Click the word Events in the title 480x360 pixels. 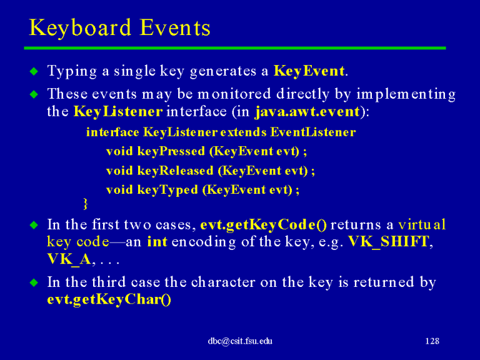pos(175,28)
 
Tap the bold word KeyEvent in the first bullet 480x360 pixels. pos(309,71)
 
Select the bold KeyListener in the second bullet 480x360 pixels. pos(118,111)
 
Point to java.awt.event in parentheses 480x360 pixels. pos(307,112)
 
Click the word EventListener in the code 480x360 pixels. pos(313,132)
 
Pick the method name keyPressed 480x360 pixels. pos(171,151)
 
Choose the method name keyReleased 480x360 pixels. pos(175,171)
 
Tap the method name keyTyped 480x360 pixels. pos(167,190)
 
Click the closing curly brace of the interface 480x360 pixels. pos(86,204)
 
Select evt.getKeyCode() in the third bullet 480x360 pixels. pos(263,225)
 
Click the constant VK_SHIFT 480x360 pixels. pos(389,242)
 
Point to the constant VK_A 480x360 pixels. pos(69,259)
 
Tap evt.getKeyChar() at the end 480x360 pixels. pos(109,299)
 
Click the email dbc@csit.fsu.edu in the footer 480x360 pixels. pos(240,341)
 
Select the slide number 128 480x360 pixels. pos(432,341)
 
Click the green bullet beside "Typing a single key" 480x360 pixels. pos(34,71)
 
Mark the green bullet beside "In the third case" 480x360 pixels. pos(34,282)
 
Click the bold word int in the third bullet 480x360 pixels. pos(157,242)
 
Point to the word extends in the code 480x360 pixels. pos(243,132)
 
